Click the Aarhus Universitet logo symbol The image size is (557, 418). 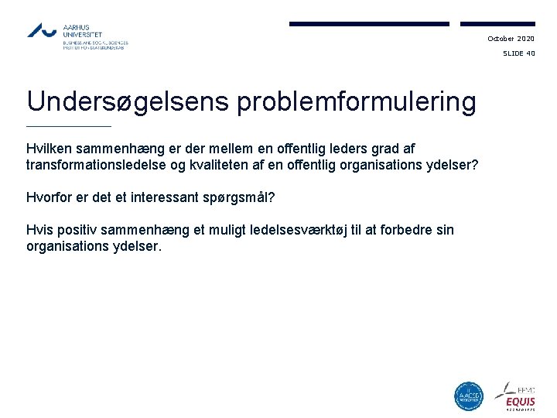tap(43, 30)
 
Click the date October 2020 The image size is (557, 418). tap(511, 39)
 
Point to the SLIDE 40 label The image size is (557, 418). tap(518, 54)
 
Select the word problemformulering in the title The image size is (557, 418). tap(357, 102)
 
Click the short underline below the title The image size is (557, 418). tap(69, 126)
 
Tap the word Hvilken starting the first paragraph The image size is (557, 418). tap(49, 148)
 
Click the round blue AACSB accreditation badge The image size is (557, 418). tap(468, 396)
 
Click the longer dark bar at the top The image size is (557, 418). tap(369, 24)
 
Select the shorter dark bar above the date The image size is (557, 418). tap(497, 24)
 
